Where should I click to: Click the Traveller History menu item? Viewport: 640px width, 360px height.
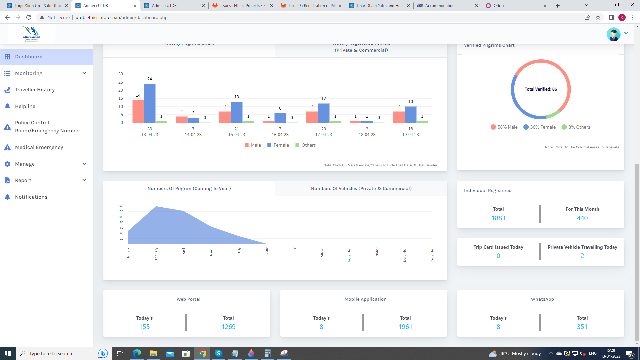click(35, 90)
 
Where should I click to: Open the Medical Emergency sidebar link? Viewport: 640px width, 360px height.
click(39, 147)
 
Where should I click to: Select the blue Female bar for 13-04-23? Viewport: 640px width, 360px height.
click(150, 103)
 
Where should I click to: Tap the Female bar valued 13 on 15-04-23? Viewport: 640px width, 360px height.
click(237, 112)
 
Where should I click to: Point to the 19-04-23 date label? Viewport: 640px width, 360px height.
click(410, 135)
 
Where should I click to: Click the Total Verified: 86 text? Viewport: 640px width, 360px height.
click(541, 89)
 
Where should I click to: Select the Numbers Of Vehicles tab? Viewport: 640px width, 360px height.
click(361, 189)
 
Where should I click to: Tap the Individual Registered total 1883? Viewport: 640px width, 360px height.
click(498, 218)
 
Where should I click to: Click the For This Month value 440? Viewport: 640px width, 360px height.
click(582, 218)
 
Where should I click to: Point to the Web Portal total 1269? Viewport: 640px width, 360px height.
click(228, 327)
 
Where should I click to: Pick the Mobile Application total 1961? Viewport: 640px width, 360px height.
click(405, 327)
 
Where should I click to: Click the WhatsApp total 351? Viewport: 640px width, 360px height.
click(582, 327)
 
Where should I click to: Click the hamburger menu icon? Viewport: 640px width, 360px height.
click(81, 33)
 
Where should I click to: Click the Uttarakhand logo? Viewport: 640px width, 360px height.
click(31, 34)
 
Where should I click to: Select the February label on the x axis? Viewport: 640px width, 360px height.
click(156, 254)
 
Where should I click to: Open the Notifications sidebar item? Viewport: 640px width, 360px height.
click(31, 197)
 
